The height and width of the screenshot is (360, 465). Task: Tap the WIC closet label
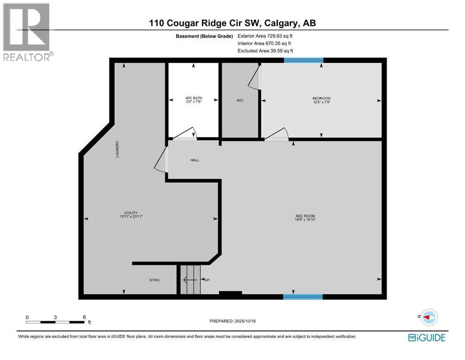click(x=240, y=100)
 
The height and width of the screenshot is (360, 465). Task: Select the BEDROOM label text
click(x=321, y=98)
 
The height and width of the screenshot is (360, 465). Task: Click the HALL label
click(x=194, y=160)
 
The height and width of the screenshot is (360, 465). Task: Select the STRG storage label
click(x=154, y=280)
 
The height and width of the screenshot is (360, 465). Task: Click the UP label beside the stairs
click(x=206, y=280)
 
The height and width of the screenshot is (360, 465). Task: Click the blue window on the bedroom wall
click(x=303, y=60)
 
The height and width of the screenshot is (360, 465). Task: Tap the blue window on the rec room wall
click(x=303, y=296)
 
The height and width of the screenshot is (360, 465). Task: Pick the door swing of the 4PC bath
click(x=186, y=134)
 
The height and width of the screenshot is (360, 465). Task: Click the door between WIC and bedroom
click(x=255, y=78)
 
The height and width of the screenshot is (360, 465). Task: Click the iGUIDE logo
click(x=426, y=337)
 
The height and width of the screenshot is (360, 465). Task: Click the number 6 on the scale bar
click(x=84, y=317)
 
